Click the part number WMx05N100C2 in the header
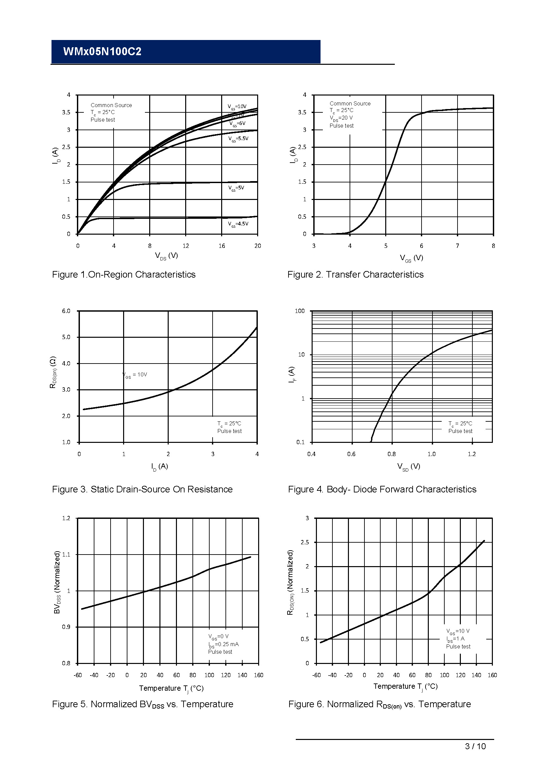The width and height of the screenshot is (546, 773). pyautogui.click(x=102, y=52)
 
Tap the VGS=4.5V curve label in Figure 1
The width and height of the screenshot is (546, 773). pyautogui.click(x=238, y=224)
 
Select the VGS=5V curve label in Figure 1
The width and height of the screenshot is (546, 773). pyautogui.click(x=236, y=188)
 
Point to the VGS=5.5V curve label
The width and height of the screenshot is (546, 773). pyautogui.click(x=238, y=139)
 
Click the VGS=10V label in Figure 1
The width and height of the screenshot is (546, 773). pyautogui.click(x=237, y=107)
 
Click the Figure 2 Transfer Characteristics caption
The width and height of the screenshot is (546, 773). pyautogui.click(x=356, y=275)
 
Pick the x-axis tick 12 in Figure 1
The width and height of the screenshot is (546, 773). pyautogui.click(x=186, y=246)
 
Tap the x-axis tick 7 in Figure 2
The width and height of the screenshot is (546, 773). pyautogui.click(x=457, y=246)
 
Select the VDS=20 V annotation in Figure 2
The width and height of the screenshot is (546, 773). pyautogui.click(x=341, y=118)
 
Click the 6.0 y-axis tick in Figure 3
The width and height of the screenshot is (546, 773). pyautogui.click(x=66, y=311)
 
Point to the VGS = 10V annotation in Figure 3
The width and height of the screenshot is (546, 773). pyautogui.click(x=135, y=375)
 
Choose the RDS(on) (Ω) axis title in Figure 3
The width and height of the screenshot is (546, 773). pyautogui.click(x=53, y=372)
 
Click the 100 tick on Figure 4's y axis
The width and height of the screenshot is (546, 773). pyautogui.click(x=299, y=311)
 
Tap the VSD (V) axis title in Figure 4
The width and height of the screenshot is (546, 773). pyautogui.click(x=408, y=467)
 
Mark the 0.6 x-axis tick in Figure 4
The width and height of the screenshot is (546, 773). pyautogui.click(x=351, y=454)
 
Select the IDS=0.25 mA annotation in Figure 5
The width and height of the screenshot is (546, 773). pyautogui.click(x=223, y=644)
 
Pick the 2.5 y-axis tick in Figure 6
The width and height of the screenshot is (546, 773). pyautogui.click(x=305, y=542)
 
